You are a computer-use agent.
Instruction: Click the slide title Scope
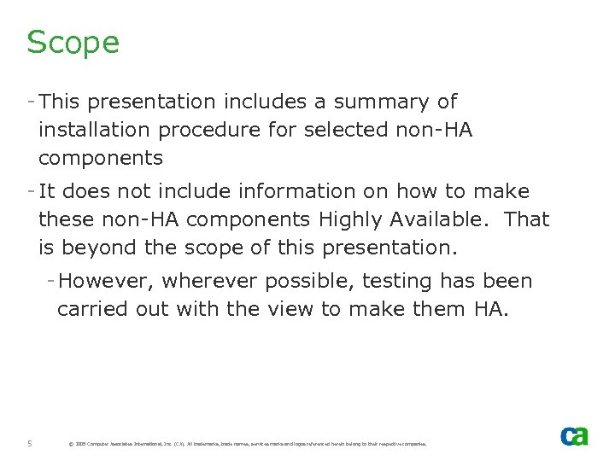73,43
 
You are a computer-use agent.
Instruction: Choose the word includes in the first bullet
262,102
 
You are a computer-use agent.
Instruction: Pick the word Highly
350,219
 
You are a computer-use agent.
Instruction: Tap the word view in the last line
291,309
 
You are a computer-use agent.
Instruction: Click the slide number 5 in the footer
30,443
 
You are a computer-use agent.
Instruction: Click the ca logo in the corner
574,435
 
